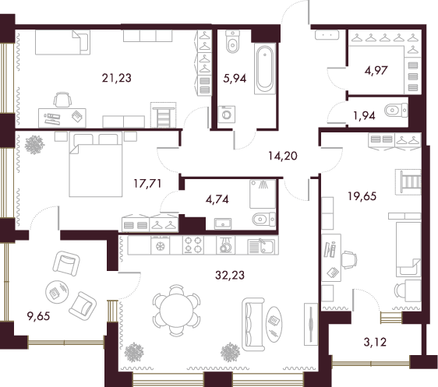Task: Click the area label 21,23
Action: click(116, 78)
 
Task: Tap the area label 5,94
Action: click(235, 79)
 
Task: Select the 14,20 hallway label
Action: click(283, 156)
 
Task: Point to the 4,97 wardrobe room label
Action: click(376, 70)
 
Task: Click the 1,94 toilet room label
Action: click(364, 115)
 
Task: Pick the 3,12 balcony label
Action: click(375, 342)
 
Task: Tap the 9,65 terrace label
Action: click(38, 316)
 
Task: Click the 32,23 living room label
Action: click(230, 275)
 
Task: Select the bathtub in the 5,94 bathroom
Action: click(265, 68)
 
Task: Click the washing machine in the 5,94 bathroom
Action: click(227, 114)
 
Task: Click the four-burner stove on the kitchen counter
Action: click(193, 245)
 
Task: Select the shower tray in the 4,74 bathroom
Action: click(263, 194)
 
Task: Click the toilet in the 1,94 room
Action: click(396, 111)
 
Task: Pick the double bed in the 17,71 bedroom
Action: click(96, 164)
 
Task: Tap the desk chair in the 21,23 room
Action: click(62, 100)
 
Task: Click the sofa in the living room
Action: click(253, 324)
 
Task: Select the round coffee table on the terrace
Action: click(57, 291)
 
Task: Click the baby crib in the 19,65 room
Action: click(408, 181)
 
